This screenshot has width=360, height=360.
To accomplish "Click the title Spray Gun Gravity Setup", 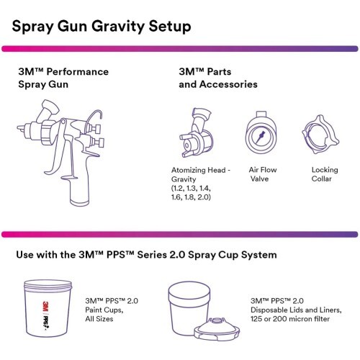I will tap(102, 28).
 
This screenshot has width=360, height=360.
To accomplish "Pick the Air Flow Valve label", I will tap(262, 175).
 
